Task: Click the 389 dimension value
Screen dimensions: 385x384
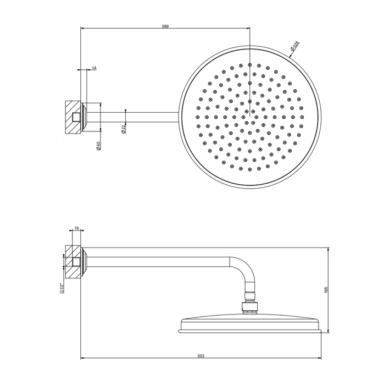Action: click(165, 25)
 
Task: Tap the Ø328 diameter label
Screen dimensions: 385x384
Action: click(296, 46)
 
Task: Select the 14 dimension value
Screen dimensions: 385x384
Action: click(94, 68)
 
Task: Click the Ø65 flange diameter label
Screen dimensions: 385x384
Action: click(98, 147)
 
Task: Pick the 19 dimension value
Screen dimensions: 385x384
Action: click(76, 227)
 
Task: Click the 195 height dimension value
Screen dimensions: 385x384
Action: click(326, 290)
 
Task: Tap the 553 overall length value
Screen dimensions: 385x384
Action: click(201, 356)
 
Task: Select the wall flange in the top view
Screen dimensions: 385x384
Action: click(84, 116)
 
